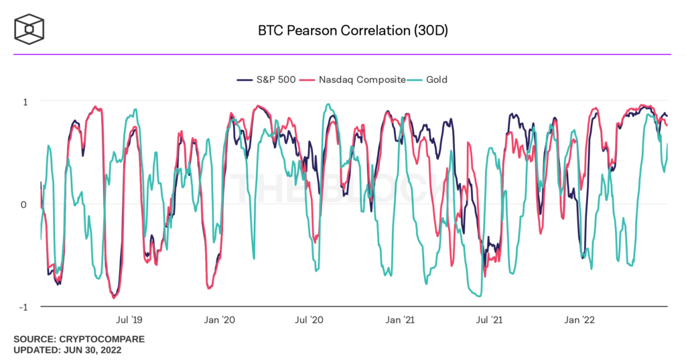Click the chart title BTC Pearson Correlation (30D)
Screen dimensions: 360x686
click(342, 31)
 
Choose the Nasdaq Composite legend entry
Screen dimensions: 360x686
click(362, 80)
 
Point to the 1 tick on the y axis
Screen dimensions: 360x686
click(25, 101)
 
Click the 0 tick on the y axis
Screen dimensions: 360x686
click(23, 204)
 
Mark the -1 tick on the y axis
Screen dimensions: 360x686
click(23, 307)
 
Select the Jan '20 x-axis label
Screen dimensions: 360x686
click(220, 320)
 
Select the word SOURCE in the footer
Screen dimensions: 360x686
click(33, 339)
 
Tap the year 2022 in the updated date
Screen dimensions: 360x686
click(109, 350)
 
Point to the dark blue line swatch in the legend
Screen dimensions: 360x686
click(245, 80)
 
